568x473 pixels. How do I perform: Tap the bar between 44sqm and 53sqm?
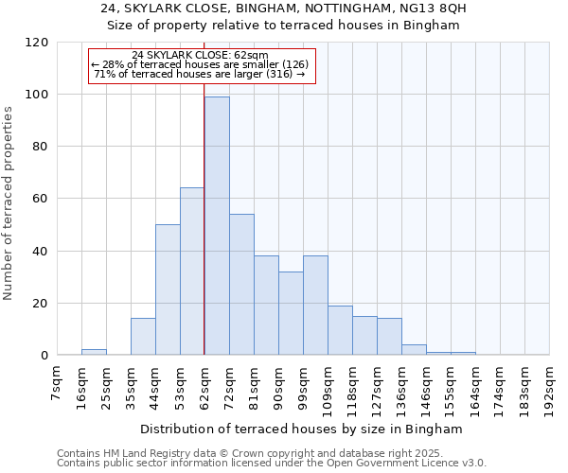click(168, 290)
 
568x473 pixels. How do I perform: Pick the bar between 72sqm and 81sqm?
click(241, 285)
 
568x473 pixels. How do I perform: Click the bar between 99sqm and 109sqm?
click(315, 306)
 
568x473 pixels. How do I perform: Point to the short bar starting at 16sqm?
click(94, 352)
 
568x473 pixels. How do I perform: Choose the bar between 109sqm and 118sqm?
click(340, 330)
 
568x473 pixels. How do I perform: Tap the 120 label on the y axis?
click(38, 43)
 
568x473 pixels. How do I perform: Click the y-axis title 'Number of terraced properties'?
click(9, 203)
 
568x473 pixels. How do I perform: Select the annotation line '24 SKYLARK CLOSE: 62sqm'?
click(200, 56)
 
